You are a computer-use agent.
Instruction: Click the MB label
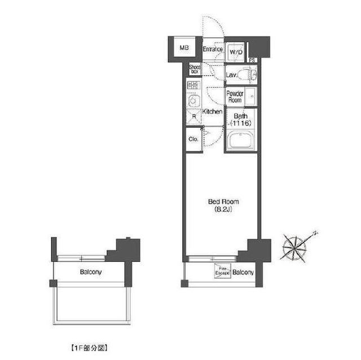click(x=183, y=48)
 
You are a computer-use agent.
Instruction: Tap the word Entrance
click(x=213, y=50)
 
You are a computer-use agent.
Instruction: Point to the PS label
click(x=252, y=60)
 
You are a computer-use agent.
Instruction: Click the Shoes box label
click(x=195, y=69)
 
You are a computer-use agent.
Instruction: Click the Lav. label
click(x=231, y=74)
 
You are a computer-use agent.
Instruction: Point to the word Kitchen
click(x=212, y=112)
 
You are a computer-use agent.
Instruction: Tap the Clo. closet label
click(x=193, y=139)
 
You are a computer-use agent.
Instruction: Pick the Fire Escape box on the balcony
click(x=222, y=273)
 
